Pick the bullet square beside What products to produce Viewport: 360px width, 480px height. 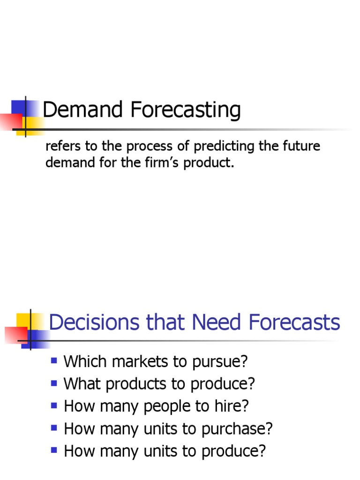[x=54, y=383]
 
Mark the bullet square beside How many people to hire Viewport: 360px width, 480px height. [x=54, y=405]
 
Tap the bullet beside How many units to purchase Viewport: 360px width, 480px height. [x=54, y=428]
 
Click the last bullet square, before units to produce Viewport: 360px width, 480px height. [x=54, y=450]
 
